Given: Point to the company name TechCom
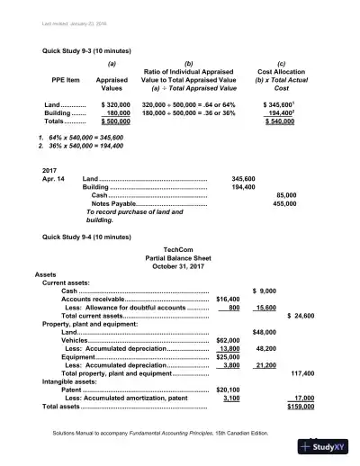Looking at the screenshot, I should pyautogui.click(x=180, y=247).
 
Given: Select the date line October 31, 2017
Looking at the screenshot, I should pyautogui.click(x=180, y=264).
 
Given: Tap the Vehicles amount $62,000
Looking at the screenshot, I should pyautogui.click(x=231, y=341).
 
